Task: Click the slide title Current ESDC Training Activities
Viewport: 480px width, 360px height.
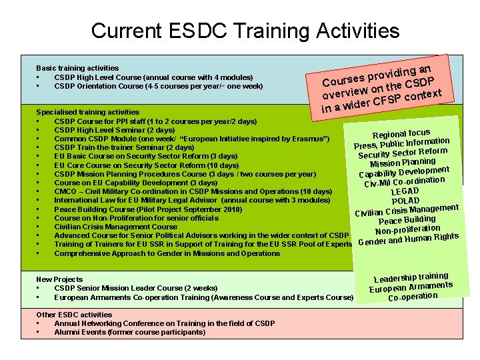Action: point(245,31)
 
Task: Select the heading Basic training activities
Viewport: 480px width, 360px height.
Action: point(77,68)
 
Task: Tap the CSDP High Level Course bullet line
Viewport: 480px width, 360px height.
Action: point(153,77)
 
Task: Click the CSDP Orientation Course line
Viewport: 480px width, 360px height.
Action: point(158,86)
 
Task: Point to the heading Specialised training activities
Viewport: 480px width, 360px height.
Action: point(87,112)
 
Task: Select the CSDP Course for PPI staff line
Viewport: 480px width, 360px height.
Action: point(155,121)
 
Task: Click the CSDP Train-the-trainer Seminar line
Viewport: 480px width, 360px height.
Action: point(124,147)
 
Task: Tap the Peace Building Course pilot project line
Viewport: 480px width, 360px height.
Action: point(148,209)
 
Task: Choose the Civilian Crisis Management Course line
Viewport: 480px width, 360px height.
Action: point(115,227)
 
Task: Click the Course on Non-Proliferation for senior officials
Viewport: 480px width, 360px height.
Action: point(136,218)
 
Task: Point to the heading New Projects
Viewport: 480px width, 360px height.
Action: point(59,279)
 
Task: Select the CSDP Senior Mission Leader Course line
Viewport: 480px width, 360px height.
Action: point(135,288)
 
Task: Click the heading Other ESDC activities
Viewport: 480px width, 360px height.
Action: point(74,315)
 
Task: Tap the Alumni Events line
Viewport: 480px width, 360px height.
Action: point(129,332)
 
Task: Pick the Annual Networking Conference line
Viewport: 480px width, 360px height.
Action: point(164,323)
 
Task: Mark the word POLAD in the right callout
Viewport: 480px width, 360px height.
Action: point(405,201)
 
